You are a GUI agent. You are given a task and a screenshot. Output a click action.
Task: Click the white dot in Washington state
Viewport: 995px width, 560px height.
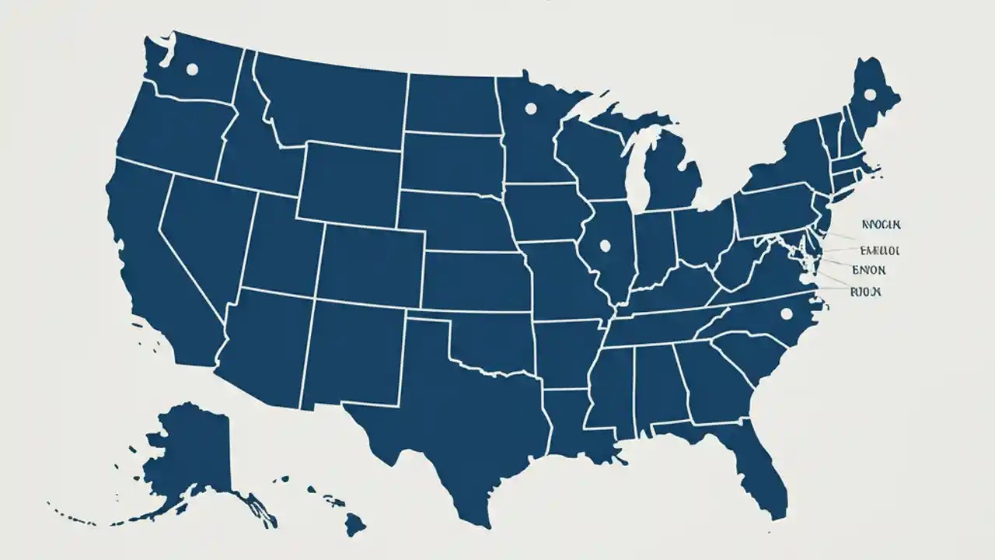pyautogui.click(x=192, y=69)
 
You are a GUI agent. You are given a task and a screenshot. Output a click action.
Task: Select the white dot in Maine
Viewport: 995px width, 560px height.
pyautogui.click(x=869, y=95)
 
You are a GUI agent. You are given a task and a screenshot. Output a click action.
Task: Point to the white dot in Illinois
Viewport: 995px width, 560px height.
pyautogui.click(x=605, y=246)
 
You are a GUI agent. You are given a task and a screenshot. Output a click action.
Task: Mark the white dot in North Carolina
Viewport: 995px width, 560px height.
pyautogui.click(x=786, y=313)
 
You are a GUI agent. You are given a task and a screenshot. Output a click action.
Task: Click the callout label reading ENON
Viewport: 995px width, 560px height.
pyautogui.click(x=868, y=270)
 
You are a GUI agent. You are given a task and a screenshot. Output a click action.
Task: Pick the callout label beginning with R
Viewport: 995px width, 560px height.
pyautogui.click(x=864, y=291)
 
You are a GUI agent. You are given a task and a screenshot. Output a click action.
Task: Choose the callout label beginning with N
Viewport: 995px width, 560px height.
pyautogui.click(x=880, y=225)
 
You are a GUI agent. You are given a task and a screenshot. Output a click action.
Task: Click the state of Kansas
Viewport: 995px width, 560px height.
pyautogui.click(x=474, y=280)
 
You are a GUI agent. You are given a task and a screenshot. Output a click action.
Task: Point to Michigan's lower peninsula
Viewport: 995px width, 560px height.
pyautogui.click(x=673, y=179)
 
